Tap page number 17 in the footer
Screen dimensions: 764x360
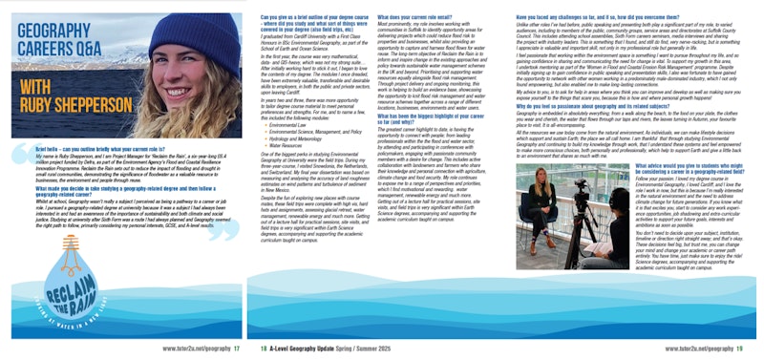(237, 350)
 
